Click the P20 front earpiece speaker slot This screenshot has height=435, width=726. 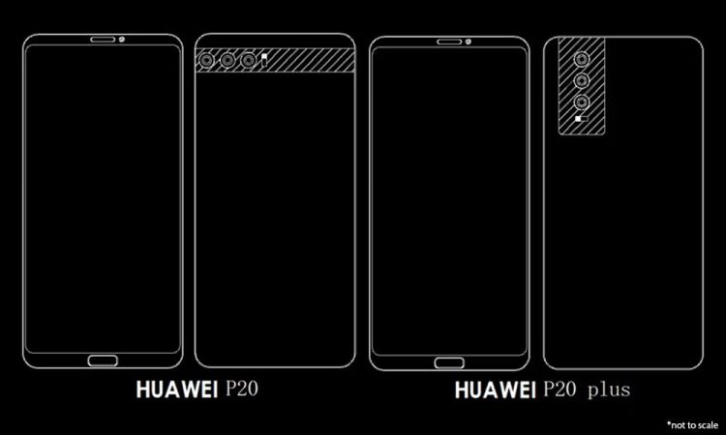click(x=103, y=40)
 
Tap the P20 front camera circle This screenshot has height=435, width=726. click(x=121, y=40)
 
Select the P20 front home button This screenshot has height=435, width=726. click(x=103, y=361)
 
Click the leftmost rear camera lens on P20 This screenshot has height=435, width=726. click(x=206, y=60)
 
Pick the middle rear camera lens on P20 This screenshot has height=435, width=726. click(x=227, y=60)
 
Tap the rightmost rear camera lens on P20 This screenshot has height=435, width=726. click(x=249, y=60)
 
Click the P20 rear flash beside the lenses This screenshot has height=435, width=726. click(x=265, y=59)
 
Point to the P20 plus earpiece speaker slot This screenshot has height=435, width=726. click(x=449, y=43)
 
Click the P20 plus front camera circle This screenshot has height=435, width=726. click(x=469, y=43)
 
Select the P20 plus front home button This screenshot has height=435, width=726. click(x=449, y=362)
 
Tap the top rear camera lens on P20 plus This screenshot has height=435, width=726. click(x=582, y=60)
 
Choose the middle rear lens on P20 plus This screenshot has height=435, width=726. click(x=582, y=81)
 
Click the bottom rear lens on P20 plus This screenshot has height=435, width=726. click(x=582, y=102)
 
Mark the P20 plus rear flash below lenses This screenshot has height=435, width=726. click(x=581, y=119)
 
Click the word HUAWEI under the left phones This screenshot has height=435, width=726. click(x=177, y=390)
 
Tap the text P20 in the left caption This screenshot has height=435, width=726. click(x=242, y=390)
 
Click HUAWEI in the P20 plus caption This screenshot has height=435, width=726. click(x=496, y=391)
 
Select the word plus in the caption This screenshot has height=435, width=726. click(x=609, y=391)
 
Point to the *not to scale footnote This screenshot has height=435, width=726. click(x=693, y=424)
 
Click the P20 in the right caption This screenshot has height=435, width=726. click(x=560, y=390)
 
